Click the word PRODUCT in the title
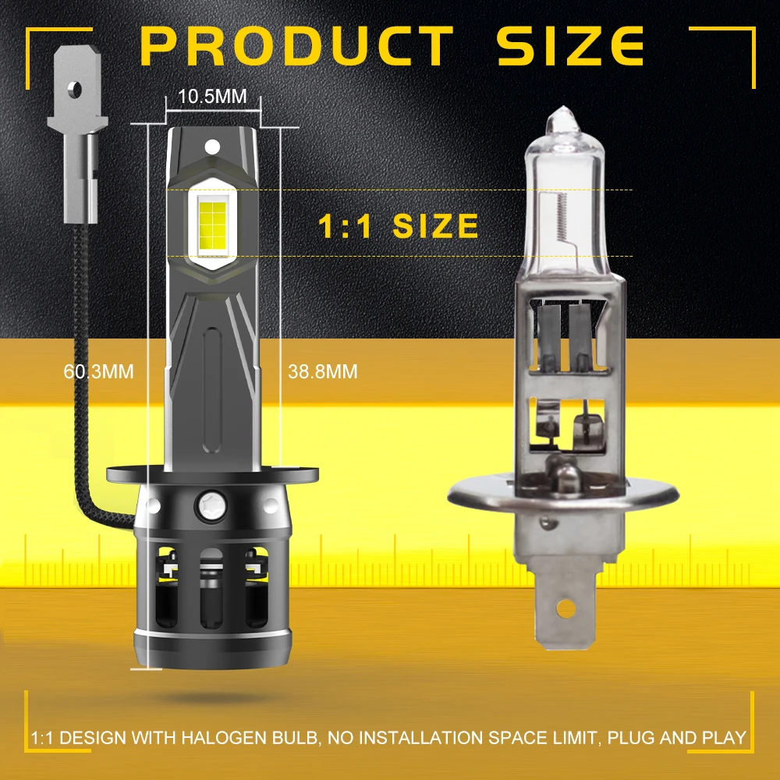click(297, 46)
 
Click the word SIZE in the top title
click(571, 46)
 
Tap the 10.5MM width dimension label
click(212, 97)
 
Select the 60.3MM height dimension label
click(98, 371)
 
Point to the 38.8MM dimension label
click(322, 371)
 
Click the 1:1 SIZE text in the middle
click(398, 226)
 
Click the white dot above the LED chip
click(212, 147)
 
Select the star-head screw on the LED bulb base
click(212, 505)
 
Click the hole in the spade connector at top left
click(76, 90)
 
